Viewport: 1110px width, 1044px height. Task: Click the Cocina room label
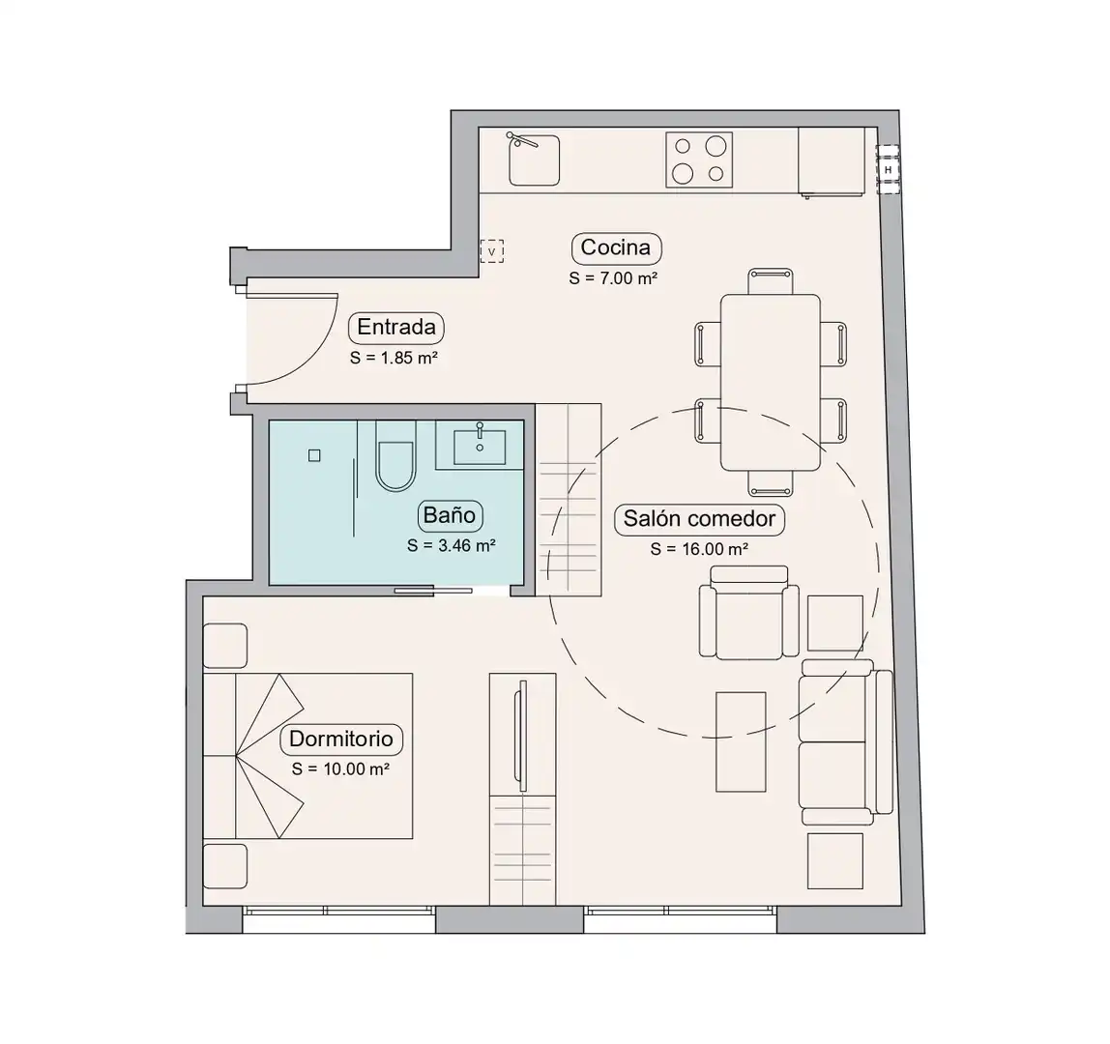click(x=616, y=247)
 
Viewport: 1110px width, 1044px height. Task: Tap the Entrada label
click(x=396, y=327)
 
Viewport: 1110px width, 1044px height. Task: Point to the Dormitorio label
click(x=341, y=739)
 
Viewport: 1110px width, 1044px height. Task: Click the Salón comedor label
click(x=699, y=519)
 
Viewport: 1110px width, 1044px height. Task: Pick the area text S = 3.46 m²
click(x=451, y=546)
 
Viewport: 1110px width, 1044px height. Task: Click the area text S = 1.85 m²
click(x=394, y=358)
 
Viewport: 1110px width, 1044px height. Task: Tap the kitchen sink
click(x=535, y=159)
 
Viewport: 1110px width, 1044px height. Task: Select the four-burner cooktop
click(x=699, y=159)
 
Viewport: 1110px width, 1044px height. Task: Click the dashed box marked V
click(x=492, y=250)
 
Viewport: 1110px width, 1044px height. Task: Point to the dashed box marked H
click(x=888, y=170)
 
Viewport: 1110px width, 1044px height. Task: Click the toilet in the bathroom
click(x=395, y=456)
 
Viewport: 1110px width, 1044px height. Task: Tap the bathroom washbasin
click(x=480, y=447)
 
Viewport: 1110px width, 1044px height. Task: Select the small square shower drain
click(x=314, y=456)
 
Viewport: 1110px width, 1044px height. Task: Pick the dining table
click(x=771, y=382)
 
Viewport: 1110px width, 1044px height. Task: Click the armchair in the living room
click(x=749, y=613)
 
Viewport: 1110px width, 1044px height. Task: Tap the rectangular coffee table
click(x=741, y=741)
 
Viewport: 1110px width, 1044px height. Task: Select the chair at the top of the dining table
click(x=771, y=281)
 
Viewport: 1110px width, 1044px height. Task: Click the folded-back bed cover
click(x=270, y=755)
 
